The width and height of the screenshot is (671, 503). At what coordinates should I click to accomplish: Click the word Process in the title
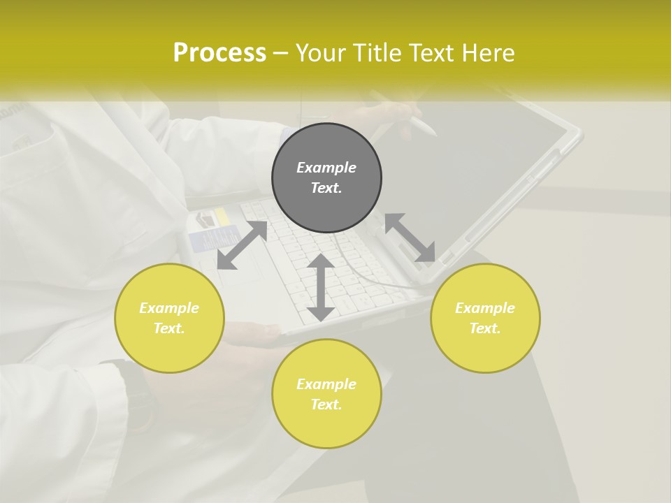pyautogui.click(x=219, y=53)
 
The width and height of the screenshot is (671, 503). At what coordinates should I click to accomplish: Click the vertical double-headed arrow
pyautogui.click(x=321, y=287)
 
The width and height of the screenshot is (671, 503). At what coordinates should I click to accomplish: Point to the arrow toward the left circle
pyautogui.click(x=242, y=245)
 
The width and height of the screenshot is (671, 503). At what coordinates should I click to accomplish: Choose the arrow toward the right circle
pyautogui.click(x=410, y=238)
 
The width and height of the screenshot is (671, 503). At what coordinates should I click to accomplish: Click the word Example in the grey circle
pyautogui.click(x=326, y=168)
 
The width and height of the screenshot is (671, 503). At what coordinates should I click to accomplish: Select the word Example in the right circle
pyautogui.click(x=485, y=308)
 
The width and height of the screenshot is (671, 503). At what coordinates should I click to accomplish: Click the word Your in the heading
pyautogui.click(x=321, y=53)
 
